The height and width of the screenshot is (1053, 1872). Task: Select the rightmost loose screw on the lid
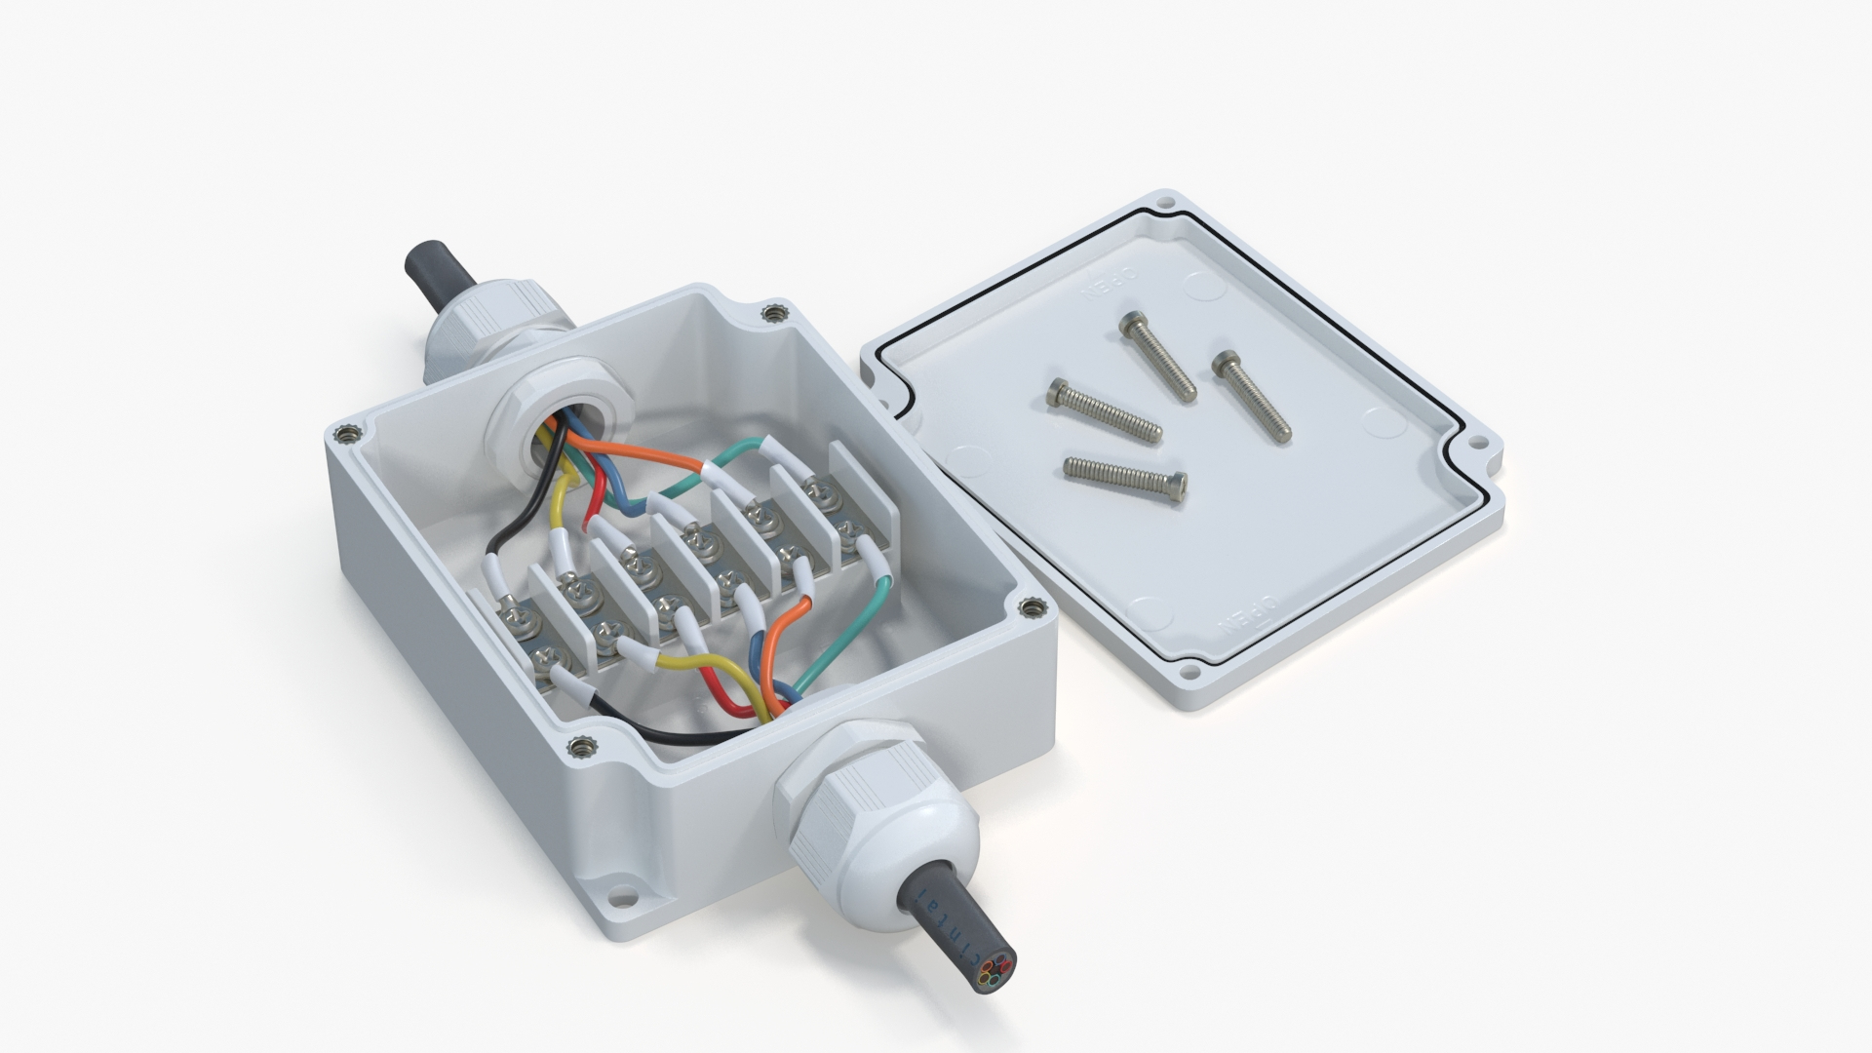point(1252,399)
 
